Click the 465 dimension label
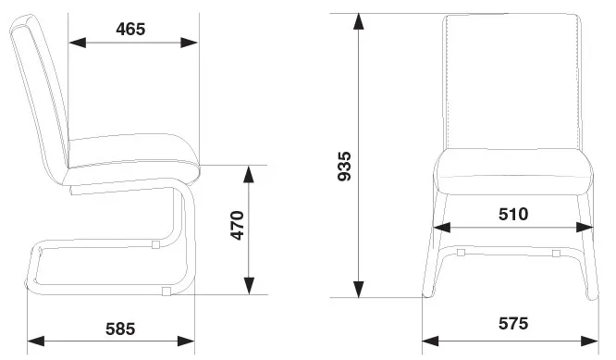tap(130, 29)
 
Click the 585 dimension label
tap(120, 329)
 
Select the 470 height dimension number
tap(238, 225)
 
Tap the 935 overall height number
tap(345, 166)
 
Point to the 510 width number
tap(513, 214)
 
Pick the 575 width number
tap(513, 324)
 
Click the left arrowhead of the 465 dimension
tap(78, 43)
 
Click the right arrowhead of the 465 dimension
tap(189, 43)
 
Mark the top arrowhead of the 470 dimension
tap(249, 175)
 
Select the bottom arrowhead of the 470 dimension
tap(249, 286)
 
